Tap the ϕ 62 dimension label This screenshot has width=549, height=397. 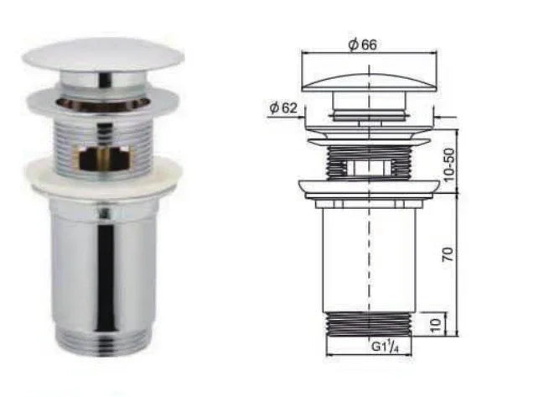coord(284,107)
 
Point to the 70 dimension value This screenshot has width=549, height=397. coord(449,253)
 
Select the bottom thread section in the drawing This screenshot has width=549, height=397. coord(370,324)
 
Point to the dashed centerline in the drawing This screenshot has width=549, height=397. coord(370,252)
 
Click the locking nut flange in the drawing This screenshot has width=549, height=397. coord(370,188)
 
